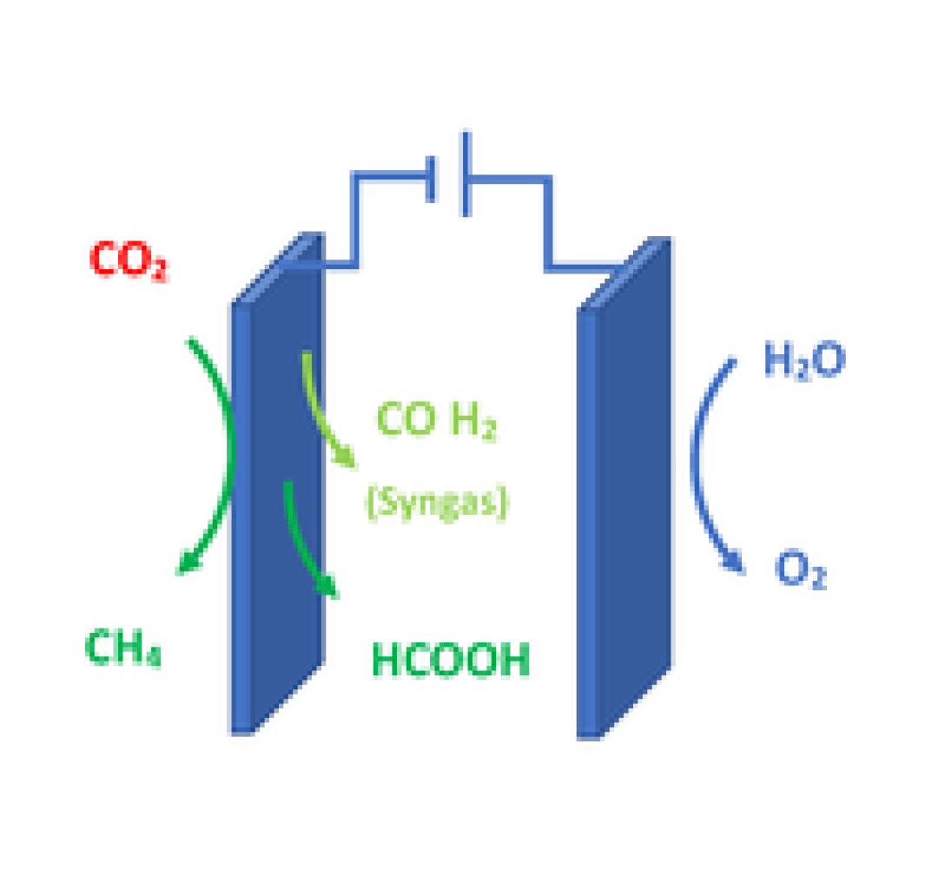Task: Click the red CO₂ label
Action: coord(129,260)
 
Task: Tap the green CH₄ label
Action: coord(123,648)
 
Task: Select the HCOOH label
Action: coord(451,660)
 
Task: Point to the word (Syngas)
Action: coord(438,503)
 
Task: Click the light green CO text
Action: coord(406,418)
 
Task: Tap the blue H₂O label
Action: coord(804,360)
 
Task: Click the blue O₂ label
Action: coord(800,569)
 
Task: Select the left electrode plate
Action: coord(277,483)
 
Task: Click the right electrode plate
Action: coord(624,488)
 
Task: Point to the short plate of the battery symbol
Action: coord(430,180)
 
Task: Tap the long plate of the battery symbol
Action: coord(466,174)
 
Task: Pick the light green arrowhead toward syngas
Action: coord(347,458)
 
